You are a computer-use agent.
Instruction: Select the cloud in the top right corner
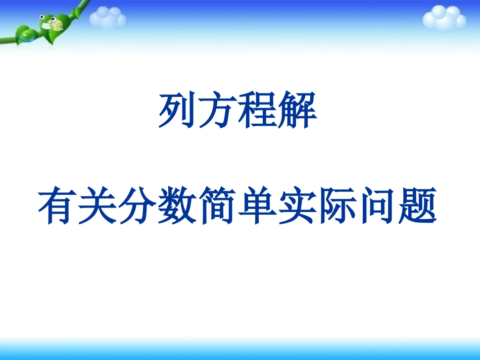tap(444, 19)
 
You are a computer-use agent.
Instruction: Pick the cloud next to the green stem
tap(107, 18)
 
